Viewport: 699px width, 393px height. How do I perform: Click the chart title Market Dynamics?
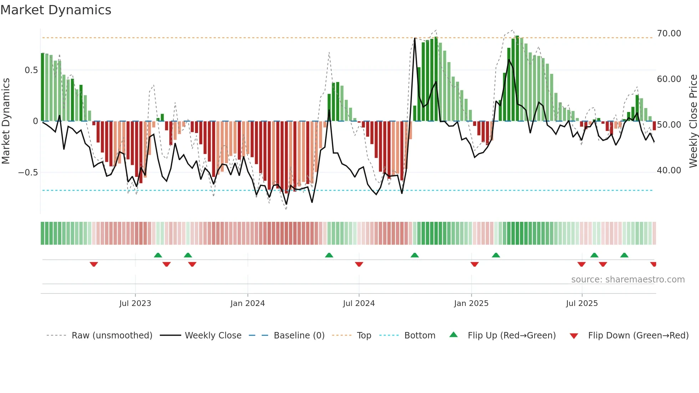[x=56, y=10]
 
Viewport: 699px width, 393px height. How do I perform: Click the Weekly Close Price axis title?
[x=693, y=121]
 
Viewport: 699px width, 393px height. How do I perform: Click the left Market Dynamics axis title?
[x=6, y=121]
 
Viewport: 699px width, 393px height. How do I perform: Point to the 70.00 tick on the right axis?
[x=669, y=34]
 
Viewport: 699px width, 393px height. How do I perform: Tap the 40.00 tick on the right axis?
[x=669, y=170]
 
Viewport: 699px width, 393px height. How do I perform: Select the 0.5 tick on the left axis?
[x=31, y=70]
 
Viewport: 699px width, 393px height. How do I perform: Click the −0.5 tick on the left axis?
[x=28, y=173]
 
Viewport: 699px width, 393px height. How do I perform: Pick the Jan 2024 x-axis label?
[x=248, y=303]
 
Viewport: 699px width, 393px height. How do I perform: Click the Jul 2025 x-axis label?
[x=582, y=303]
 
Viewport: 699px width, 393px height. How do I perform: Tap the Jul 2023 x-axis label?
[x=135, y=303]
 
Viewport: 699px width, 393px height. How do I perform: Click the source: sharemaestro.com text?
[x=628, y=280]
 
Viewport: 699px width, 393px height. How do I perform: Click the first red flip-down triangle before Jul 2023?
[x=94, y=264]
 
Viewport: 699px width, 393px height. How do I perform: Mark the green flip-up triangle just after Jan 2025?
[x=496, y=255]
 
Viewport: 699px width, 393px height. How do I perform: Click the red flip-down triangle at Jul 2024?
[x=359, y=264]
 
